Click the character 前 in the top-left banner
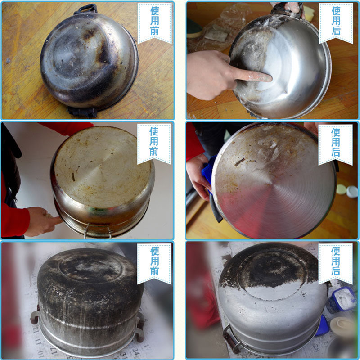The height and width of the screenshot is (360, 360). coord(155,31)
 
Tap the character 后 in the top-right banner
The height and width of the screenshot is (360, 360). coord(336,31)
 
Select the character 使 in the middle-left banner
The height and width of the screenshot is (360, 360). coord(154,131)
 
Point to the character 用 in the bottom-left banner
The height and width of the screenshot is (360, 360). coord(155,261)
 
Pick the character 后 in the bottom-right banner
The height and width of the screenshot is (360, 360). coord(336,271)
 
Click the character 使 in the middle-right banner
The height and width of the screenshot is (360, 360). coord(336,132)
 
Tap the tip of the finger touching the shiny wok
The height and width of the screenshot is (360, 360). coord(270,78)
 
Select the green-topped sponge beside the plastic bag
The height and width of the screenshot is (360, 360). coord(193,28)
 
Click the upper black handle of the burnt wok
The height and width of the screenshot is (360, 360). coord(85,9)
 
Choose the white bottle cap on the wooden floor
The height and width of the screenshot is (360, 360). coord(352,192)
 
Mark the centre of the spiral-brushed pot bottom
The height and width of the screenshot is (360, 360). coord(272,184)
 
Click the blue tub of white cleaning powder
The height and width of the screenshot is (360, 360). coord(342,300)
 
